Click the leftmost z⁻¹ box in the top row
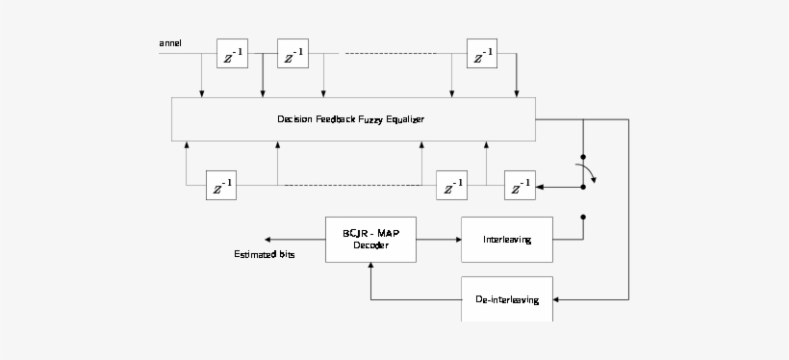[231, 55]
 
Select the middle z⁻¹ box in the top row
[293, 55]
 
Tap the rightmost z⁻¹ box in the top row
[481, 55]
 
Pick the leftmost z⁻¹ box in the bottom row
[221, 186]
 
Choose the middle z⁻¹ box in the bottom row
[452, 186]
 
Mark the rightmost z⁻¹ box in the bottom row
[521, 186]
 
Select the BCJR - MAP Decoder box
[370, 239]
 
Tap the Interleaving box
[507, 239]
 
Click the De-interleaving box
[507, 299]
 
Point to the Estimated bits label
[265, 255]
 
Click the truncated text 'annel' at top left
[170, 42]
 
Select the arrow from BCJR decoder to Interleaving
[439, 239]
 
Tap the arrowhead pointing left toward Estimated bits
[269, 239]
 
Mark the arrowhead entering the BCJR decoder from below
[370, 267]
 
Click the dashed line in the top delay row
[395, 53]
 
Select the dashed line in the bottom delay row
[351, 184]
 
